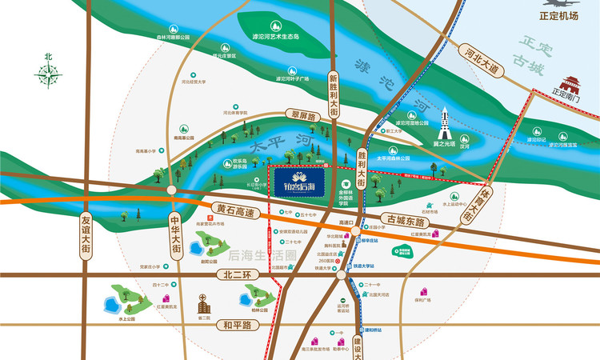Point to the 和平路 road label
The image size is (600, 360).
pos(238,325)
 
